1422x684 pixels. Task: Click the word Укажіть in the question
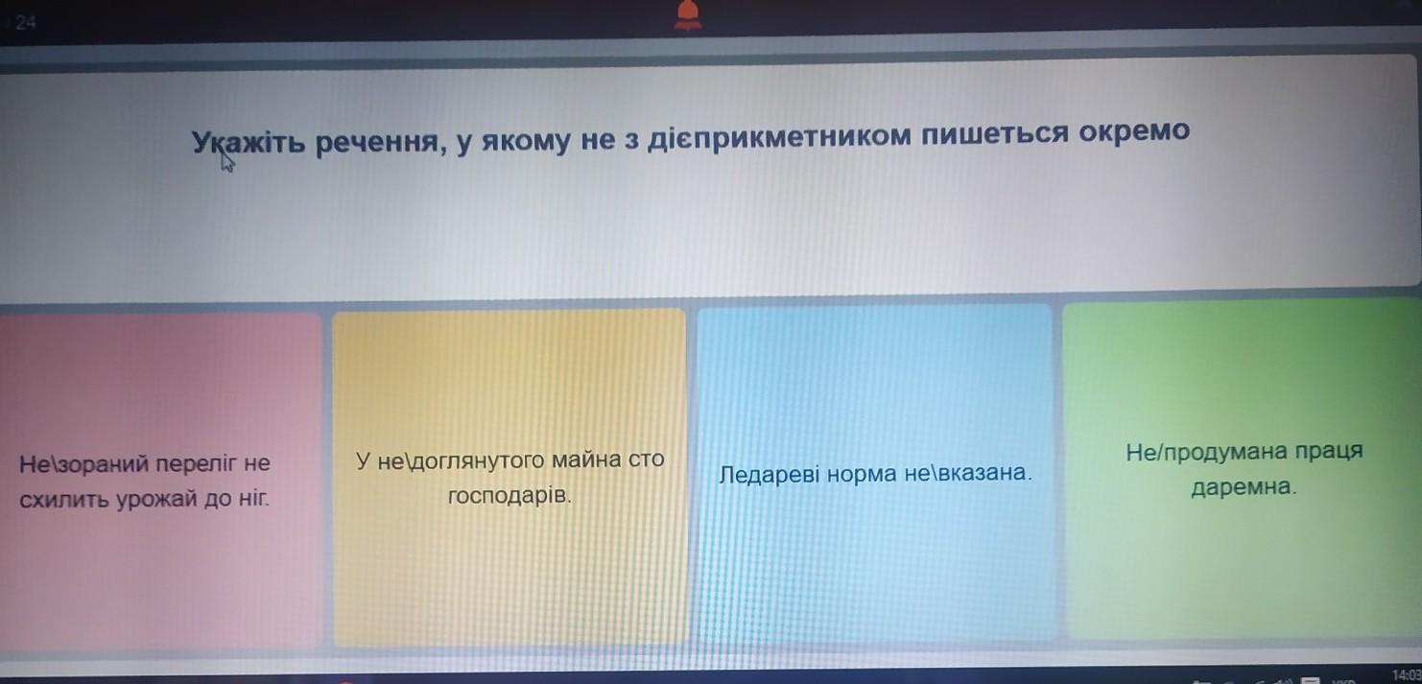pyautogui.click(x=249, y=142)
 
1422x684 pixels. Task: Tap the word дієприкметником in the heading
pyautogui.click(x=779, y=136)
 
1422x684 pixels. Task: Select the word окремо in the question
pyautogui.click(x=1134, y=130)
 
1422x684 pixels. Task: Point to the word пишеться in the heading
pyautogui.click(x=995, y=134)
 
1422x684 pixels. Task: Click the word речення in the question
pyautogui.click(x=378, y=141)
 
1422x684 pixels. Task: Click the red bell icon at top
pyautogui.click(x=688, y=14)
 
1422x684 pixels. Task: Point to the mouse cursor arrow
pyautogui.click(x=227, y=161)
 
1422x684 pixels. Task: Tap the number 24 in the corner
pyautogui.click(x=25, y=23)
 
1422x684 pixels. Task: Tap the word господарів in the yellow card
pyautogui.click(x=510, y=495)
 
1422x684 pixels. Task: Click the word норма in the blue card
pyautogui.click(x=862, y=474)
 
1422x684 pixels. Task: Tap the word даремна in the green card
pyautogui.click(x=1244, y=487)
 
